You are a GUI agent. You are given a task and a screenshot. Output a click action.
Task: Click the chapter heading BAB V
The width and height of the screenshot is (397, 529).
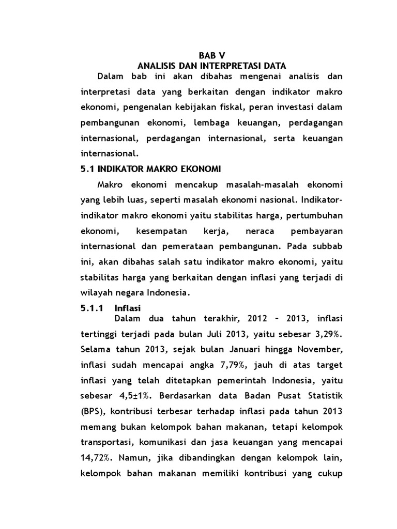click(x=212, y=55)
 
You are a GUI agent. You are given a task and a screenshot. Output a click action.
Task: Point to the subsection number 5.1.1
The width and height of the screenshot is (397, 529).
click(x=93, y=307)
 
